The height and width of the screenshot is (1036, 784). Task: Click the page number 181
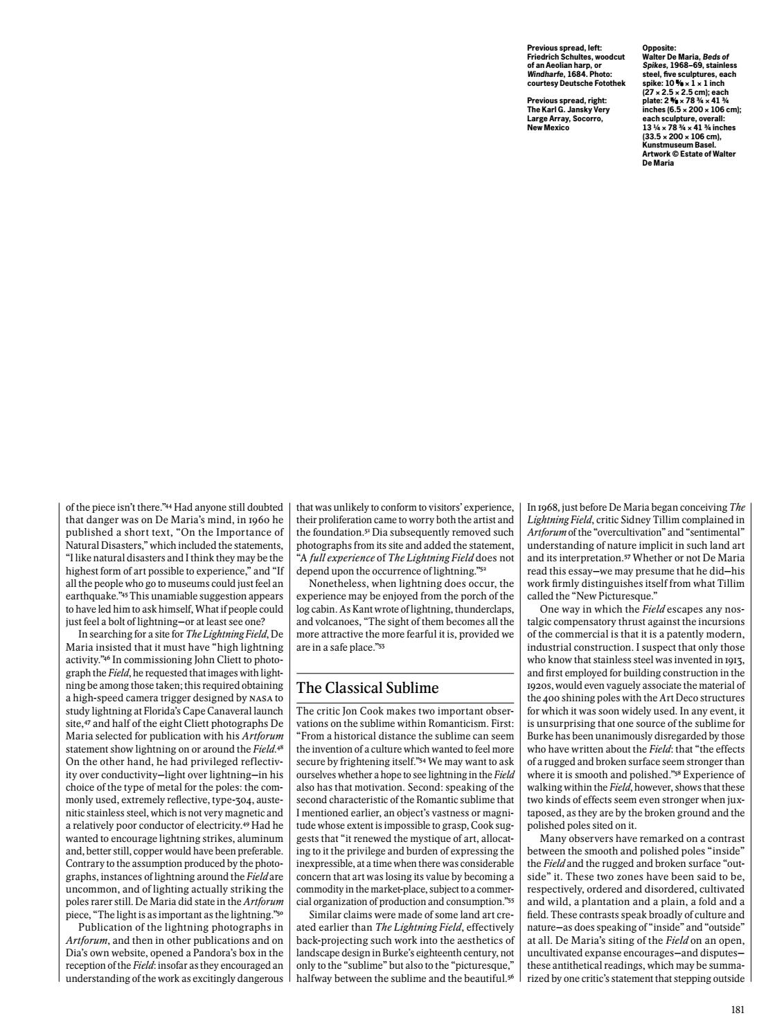pos(738,1010)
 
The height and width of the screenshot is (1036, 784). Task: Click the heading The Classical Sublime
pos(367,688)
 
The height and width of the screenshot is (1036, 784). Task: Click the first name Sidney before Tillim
pos(675,518)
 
